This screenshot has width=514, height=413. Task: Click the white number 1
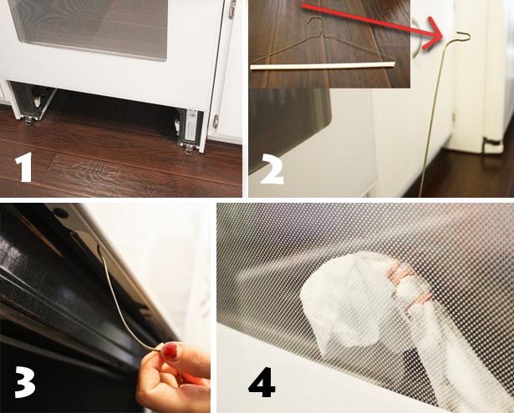click(x=23, y=167)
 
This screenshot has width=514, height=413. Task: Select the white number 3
click(x=24, y=381)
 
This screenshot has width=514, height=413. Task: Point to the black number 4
click(x=262, y=382)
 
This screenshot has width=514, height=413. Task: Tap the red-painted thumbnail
click(x=170, y=350)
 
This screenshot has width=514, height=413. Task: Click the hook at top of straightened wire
click(x=461, y=37)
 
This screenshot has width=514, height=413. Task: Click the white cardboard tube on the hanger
click(x=323, y=65)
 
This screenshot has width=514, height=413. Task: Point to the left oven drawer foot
click(x=28, y=121)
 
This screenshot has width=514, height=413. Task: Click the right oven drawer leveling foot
click(x=189, y=149)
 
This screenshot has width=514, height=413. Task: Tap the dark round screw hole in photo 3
click(x=61, y=214)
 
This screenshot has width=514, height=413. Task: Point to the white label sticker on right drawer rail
click(x=191, y=125)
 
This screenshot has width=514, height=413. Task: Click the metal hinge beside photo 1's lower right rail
click(x=216, y=121)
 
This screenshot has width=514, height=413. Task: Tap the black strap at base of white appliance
click(x=492, y=142)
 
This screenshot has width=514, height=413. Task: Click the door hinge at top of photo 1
click(x=232, y=9)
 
